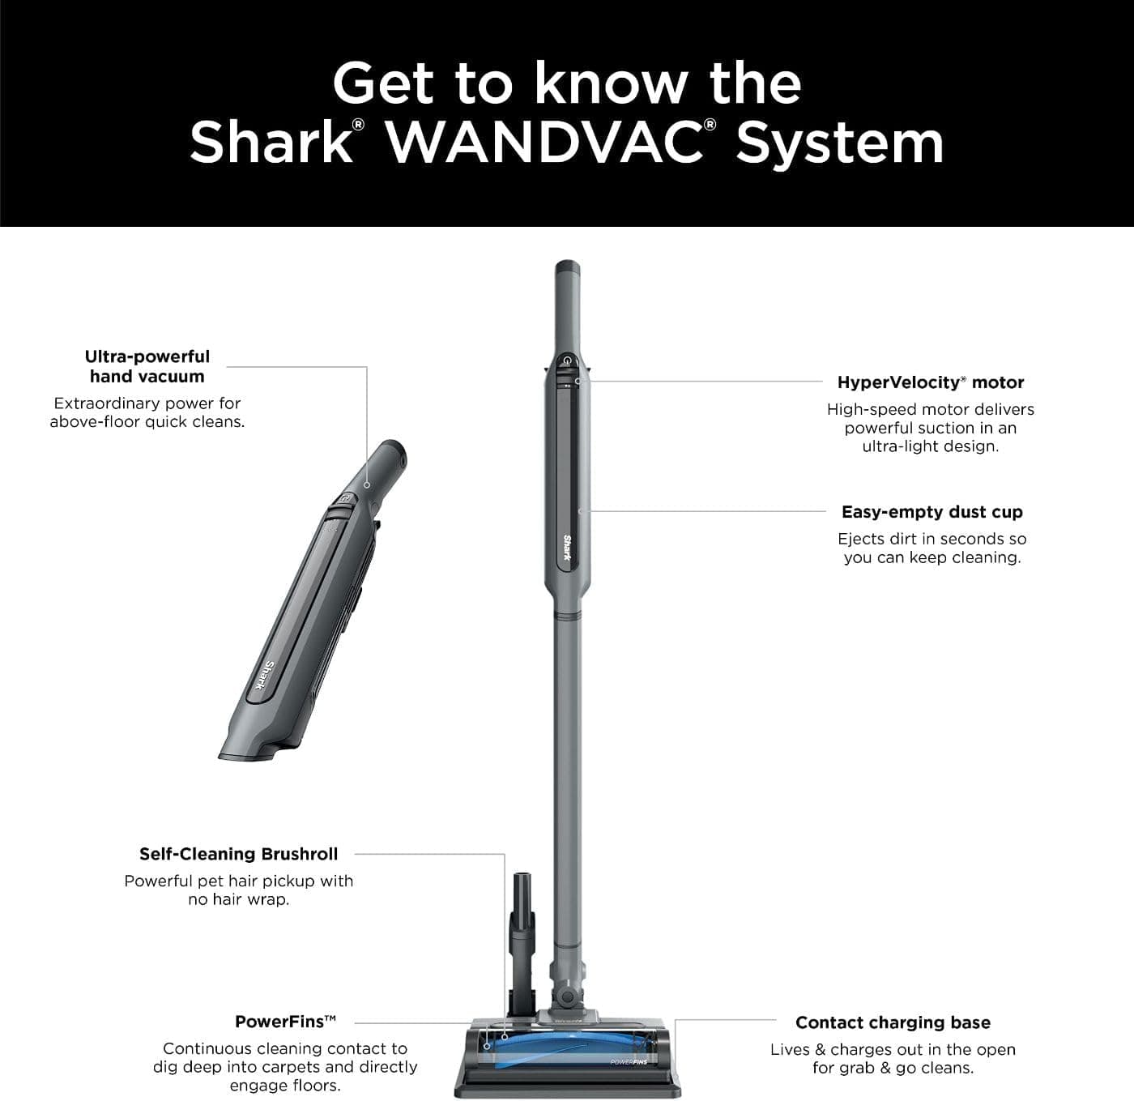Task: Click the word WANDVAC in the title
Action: coord(544,143)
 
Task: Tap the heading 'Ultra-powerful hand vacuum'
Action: coord(147,366)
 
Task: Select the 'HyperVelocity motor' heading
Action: coord(931,382)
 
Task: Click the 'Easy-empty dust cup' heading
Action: coord(932,512)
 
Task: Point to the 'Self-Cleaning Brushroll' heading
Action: coord(238,854)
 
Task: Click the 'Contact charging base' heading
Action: coord(893,1022)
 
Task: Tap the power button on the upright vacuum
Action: coord(568,361)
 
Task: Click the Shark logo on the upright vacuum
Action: coord(567,548)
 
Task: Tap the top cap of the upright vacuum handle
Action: coord(565,267)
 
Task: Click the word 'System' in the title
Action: coord(839,143)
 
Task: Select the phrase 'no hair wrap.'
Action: coord(238,899)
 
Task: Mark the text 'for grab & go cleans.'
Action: coord(893,1068)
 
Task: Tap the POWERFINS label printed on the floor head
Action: coord(629,1061)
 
